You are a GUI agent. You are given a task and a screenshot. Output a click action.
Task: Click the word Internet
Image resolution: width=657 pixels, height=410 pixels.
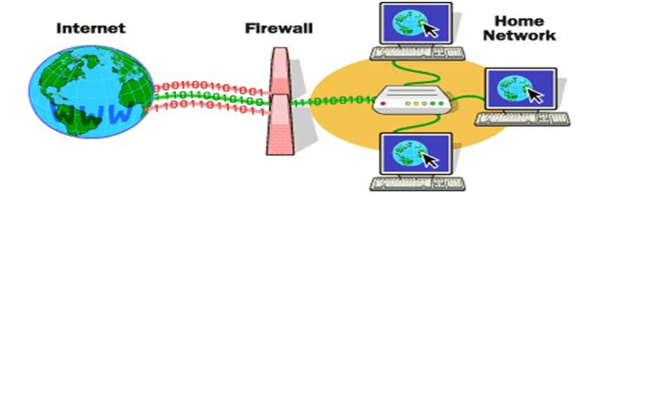(x=90, y=28)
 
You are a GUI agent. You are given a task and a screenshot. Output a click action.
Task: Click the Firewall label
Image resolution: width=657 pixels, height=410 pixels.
(x=278, y=28)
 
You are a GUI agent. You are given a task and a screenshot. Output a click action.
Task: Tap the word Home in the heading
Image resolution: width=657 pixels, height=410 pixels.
(x=519, y=20)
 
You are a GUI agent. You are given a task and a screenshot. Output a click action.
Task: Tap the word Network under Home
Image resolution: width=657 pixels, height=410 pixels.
(x=519, y=36)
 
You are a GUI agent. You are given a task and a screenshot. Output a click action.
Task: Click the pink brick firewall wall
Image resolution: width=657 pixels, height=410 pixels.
(x=280, y=100)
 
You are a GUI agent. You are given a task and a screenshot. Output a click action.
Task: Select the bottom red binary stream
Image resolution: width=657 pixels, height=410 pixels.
(x=210, y=109)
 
